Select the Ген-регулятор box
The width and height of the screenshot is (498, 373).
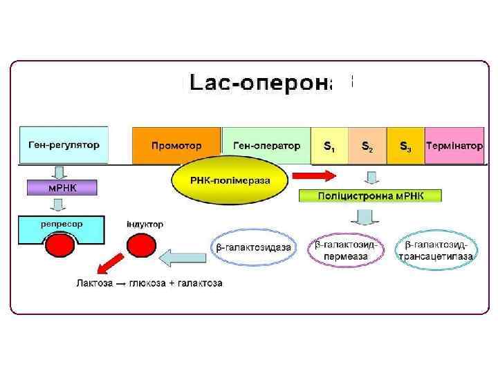point(64,145)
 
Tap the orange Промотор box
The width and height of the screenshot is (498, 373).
point(176,146)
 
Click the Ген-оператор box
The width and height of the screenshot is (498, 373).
point(266,146)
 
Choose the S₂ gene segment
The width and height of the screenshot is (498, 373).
point(368,146)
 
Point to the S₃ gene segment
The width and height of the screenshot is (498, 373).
point(406,146)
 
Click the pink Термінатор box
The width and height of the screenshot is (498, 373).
point(454,146)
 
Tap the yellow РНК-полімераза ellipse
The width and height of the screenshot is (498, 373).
point(230,182)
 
